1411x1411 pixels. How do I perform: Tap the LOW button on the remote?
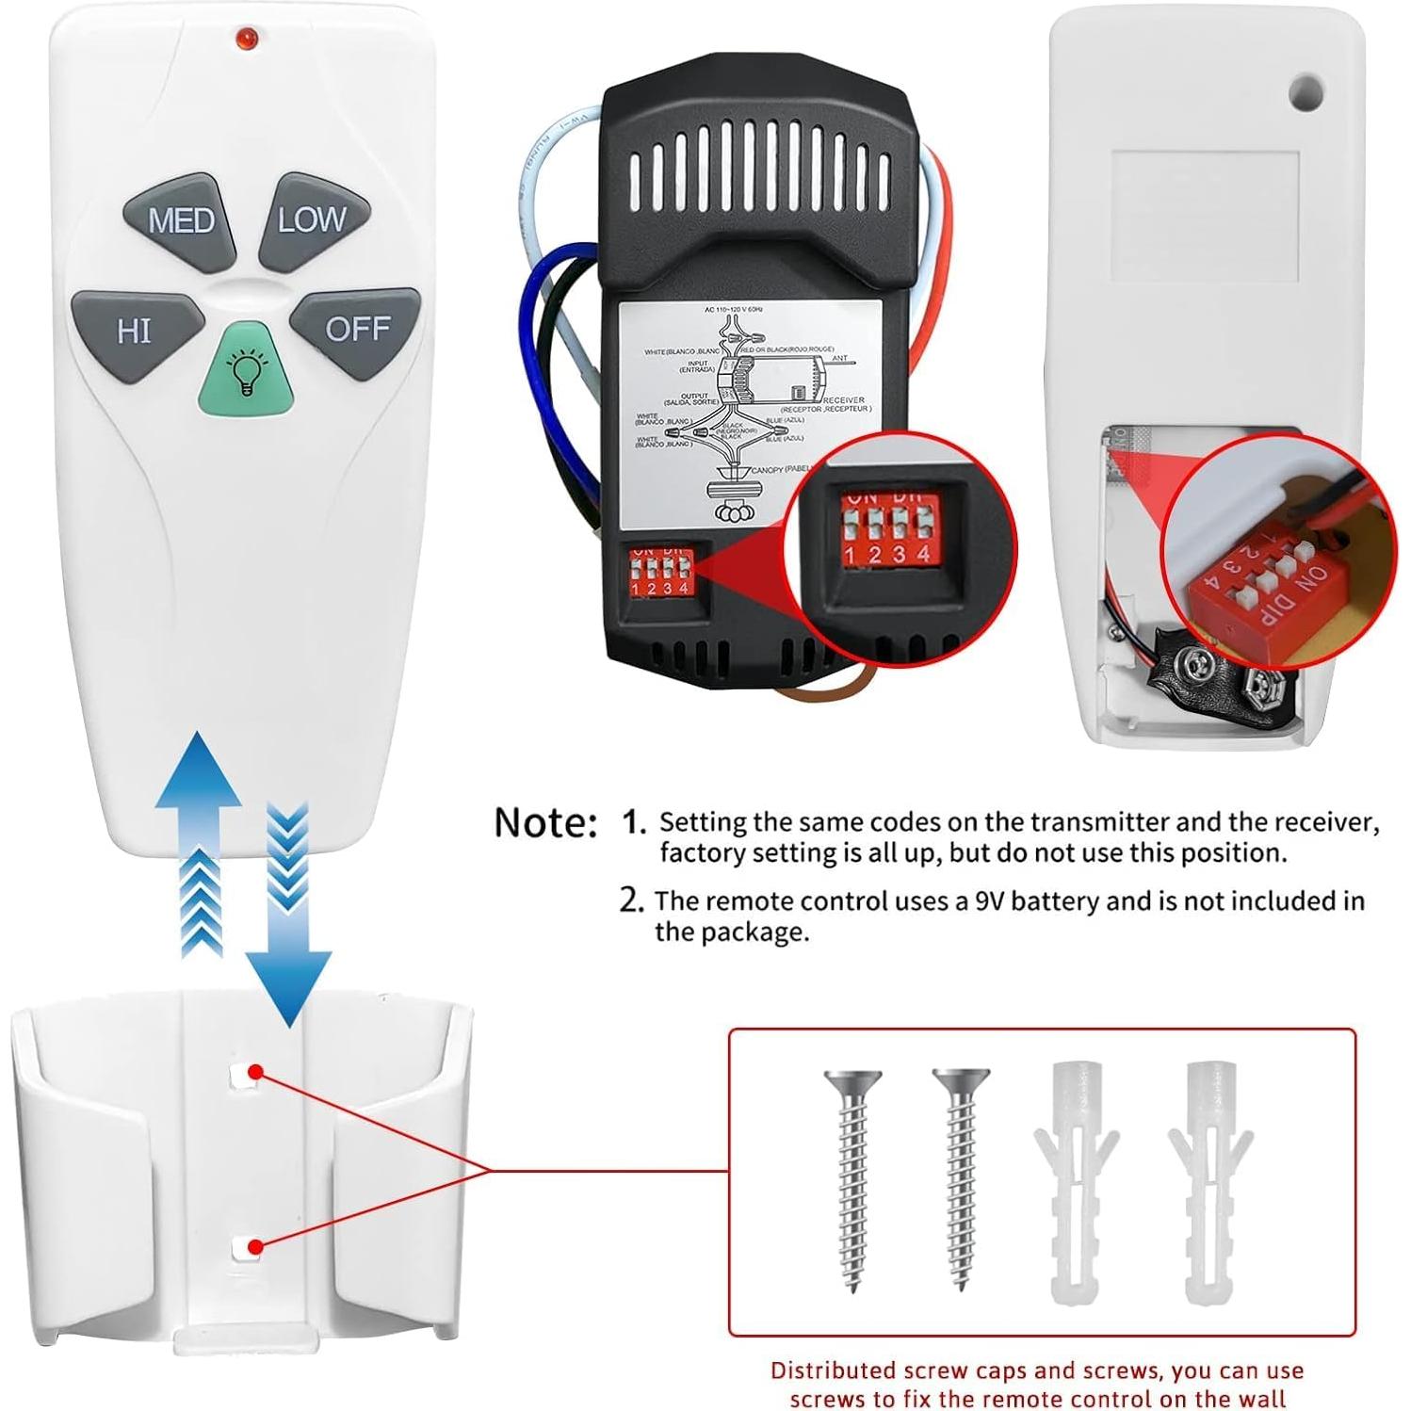coord(312,220)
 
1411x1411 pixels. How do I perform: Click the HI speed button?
coord(135,331)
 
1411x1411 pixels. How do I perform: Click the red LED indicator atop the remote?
coord(246,38)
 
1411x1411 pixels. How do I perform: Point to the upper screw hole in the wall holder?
coord(246,1073)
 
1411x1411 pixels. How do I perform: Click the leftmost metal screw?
coord(853,1177)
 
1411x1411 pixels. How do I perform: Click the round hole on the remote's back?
coord(1306,92)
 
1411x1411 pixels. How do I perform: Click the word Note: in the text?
coord(545,822)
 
